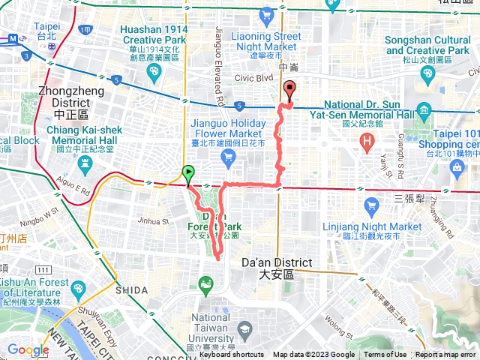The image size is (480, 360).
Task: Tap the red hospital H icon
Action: [x=367, y=140]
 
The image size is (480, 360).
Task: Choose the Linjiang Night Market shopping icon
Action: [x=370, y=205]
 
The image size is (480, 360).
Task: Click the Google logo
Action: [x=28, y=349]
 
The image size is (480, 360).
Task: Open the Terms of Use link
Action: [x=385, y=355]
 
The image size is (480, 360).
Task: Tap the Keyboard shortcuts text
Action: [x=232, y=355]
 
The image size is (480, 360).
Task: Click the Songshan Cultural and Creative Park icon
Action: [x=427, y=73]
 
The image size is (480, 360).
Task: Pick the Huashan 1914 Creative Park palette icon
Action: [x=154, y=71]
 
